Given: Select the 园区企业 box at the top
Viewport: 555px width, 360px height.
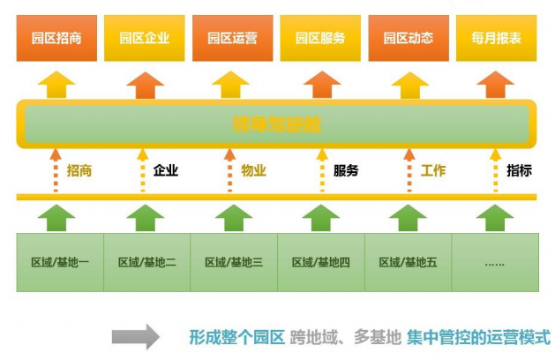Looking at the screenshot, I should [x=145, y=38].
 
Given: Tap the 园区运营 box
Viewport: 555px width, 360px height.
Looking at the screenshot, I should [x=232, y=38].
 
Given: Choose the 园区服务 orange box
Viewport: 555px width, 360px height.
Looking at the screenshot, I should [x=320, y=38].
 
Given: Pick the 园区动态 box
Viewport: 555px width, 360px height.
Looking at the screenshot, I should [x=408, y=38].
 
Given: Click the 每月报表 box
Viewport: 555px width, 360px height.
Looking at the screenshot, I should [x=496, y=38].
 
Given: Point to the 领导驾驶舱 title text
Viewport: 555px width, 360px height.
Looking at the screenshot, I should [x=277, y=124].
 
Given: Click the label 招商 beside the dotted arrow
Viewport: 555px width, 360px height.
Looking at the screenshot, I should [x=79, y=170].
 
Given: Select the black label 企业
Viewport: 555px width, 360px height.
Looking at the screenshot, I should [x=166, y=170].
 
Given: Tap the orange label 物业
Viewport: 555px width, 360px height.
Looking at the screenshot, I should [x=253, y=170].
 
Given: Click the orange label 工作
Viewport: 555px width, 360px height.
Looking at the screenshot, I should [x=432, y=170].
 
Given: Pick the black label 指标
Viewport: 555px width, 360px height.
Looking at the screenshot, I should [x=519, y=170].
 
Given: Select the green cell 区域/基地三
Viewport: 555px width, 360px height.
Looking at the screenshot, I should [x=234, y=262].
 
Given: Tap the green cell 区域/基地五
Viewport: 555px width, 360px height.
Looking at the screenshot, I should [x=408, y=262].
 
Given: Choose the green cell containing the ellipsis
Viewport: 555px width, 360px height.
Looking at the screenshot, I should [x=494, y=262].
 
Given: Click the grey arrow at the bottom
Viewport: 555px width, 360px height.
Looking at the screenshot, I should [x=135, y=336].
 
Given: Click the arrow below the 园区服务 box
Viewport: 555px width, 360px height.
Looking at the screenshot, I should [x=320, y=84].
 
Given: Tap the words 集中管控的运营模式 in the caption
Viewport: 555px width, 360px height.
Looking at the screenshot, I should [x=479, y=337].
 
